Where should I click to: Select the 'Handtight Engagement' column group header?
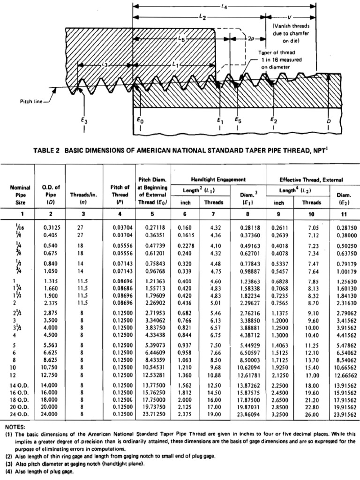[218, 180]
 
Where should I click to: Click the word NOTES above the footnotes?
[15, 427]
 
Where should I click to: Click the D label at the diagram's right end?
[329, 120]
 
